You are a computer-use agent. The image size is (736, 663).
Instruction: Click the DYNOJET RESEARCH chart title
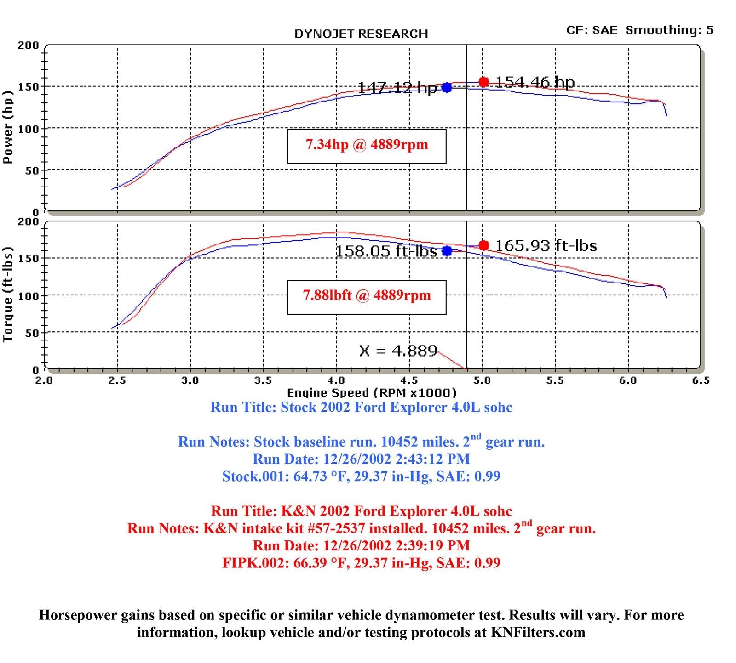pos(361,34)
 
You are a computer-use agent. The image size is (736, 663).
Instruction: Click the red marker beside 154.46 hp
pos(483,82)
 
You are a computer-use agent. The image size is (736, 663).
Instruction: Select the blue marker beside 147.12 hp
pos(447,87)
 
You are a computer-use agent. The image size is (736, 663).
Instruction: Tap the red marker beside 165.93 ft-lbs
pos(483,245)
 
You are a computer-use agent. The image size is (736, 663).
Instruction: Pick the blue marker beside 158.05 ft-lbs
pos(447,251)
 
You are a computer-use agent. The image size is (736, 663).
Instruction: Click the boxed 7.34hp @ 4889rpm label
pos(367,146)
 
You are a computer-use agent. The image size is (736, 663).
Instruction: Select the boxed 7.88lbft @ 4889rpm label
pos(367,297)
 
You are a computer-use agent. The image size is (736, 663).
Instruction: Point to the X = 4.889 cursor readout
pos(398,351)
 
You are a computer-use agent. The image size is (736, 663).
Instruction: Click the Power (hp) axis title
pos(7,127)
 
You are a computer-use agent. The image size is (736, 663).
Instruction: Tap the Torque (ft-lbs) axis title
pos(7,295)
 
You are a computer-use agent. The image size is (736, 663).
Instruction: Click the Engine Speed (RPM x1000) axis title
pos(372,392)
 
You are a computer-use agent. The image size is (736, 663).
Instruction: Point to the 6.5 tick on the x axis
pos(701,380)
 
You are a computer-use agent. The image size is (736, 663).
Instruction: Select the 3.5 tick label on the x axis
pos(263,380)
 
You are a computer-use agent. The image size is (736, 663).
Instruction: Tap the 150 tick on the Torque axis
pos(29,258)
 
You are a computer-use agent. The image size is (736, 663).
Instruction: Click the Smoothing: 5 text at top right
pos(669,30)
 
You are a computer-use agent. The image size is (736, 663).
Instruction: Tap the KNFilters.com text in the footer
pos(538,632)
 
